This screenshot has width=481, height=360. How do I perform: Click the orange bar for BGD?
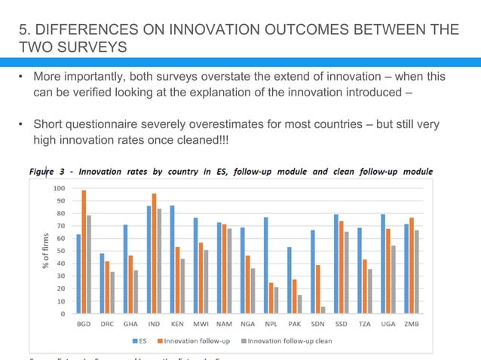(84, 252)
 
